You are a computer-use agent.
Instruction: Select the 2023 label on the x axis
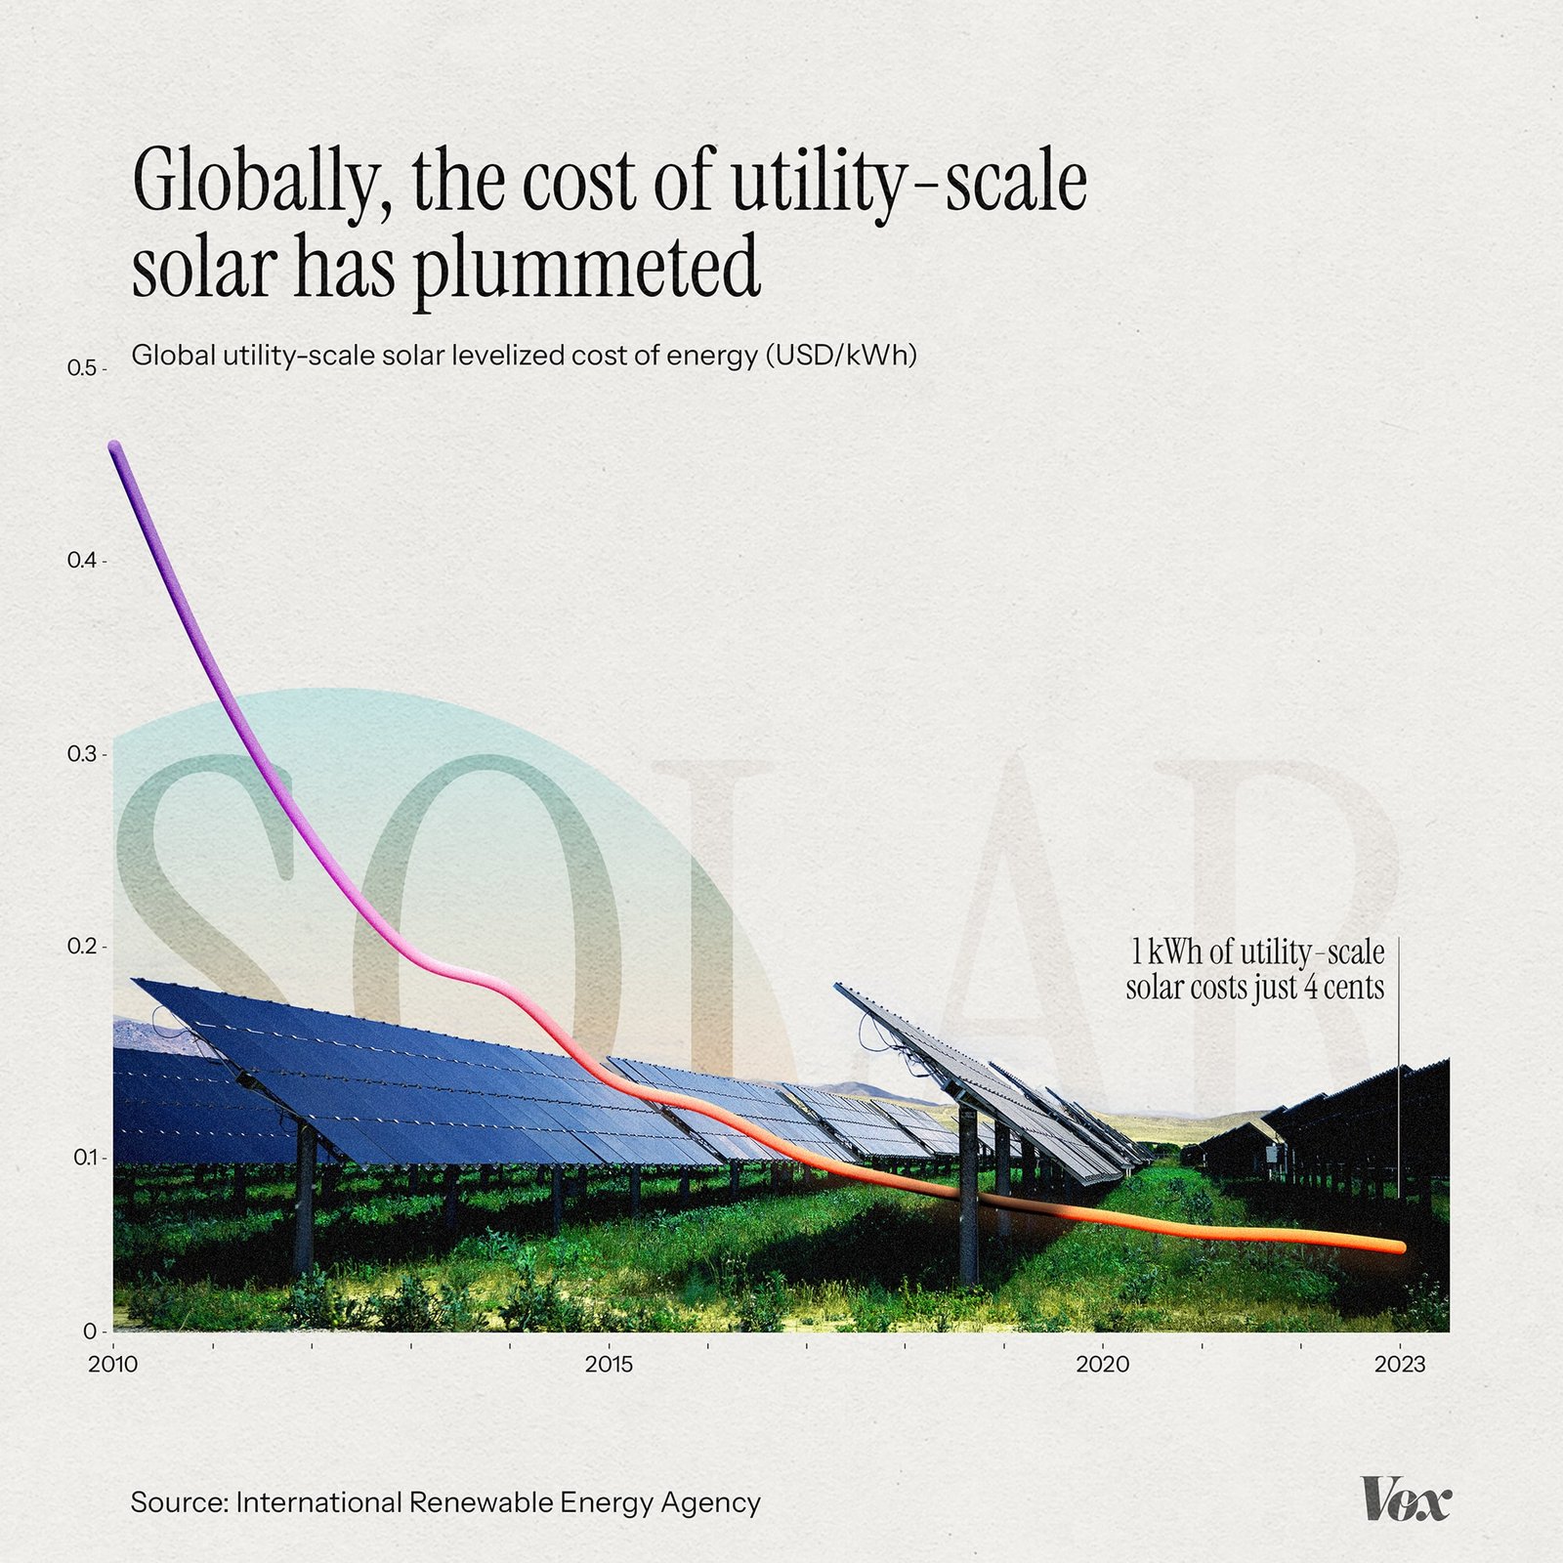coord(1400,1364)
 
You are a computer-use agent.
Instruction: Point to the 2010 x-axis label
coord(113,1364)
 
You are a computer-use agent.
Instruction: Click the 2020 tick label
coord(1103,1364)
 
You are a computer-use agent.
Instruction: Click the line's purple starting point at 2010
coord(115,447)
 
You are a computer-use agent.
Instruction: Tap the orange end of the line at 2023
coord(1399,1247)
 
